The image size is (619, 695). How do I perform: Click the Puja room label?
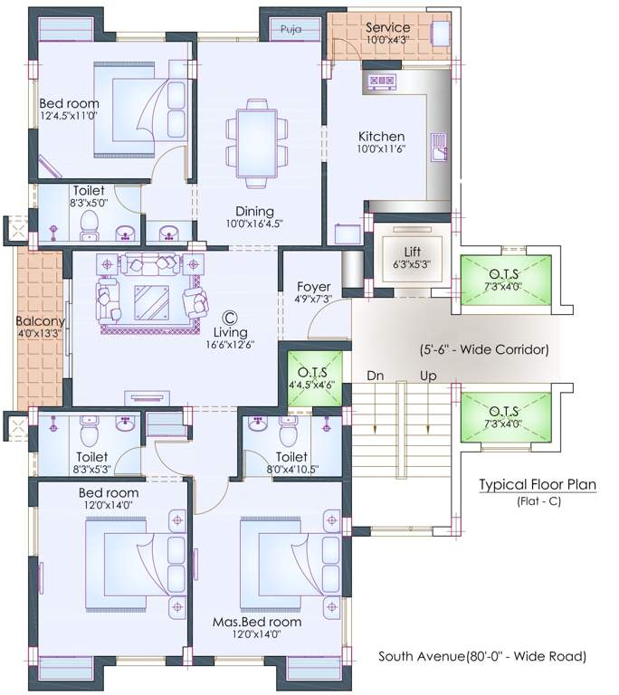click(x=290, y=29)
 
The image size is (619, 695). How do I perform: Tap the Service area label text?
click(x=387, y=27)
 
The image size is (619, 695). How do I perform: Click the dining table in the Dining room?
click(x=257, y=143)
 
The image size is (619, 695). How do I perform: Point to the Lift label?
click(x=411, y=251)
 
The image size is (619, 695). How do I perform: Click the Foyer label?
click(x=313, y=287)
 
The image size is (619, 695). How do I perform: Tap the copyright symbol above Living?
click(x=229, y=318)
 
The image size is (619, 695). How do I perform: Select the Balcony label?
click(x=39, y=321)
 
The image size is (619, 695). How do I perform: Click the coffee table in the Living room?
click(x=150, y=300)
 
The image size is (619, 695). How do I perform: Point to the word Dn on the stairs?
click(x=376, y=375)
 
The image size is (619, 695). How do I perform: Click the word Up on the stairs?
click(x=427, y=375)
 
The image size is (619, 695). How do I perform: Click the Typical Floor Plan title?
click(x=537, y=485)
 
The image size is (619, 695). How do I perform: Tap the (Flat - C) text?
click(x=538, y=500)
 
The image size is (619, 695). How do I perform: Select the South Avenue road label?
click(x=481, y=656)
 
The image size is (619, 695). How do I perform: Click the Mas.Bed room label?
click(x=257, y=622)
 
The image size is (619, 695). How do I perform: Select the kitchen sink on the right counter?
click(x=439, y=146)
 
